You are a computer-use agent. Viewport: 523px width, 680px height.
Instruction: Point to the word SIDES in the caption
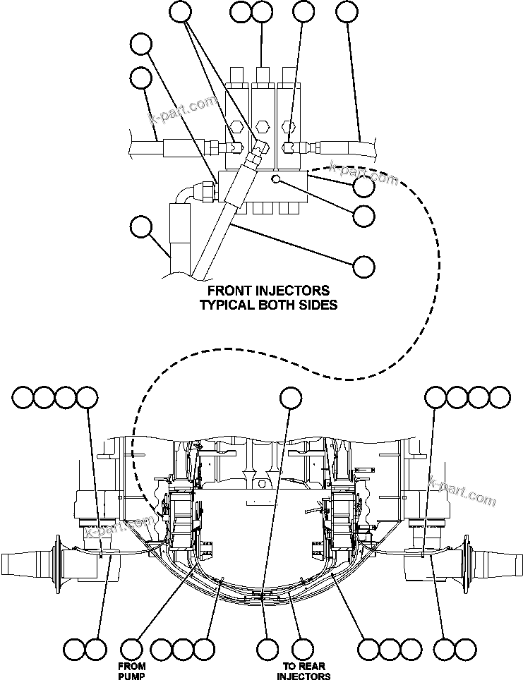point(318,305)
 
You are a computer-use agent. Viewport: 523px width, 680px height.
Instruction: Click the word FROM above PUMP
point(131,666)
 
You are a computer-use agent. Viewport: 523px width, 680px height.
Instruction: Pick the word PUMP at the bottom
point(131,676)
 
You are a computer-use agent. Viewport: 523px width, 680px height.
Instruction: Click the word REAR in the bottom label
point(311,666)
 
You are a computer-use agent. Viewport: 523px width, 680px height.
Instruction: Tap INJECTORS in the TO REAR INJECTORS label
point(303,676)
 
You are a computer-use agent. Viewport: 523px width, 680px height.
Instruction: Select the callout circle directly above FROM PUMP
point(132,648)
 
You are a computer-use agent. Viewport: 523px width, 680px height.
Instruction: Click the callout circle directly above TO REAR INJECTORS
point(303,648)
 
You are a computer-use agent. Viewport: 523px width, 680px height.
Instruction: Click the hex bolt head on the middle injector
point(263,127)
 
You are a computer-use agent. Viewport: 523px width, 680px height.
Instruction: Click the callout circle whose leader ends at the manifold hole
point(363,216)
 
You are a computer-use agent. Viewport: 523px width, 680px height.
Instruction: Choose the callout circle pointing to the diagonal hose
point(363,266)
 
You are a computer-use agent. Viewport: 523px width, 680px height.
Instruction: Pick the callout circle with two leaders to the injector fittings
point(181,11)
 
